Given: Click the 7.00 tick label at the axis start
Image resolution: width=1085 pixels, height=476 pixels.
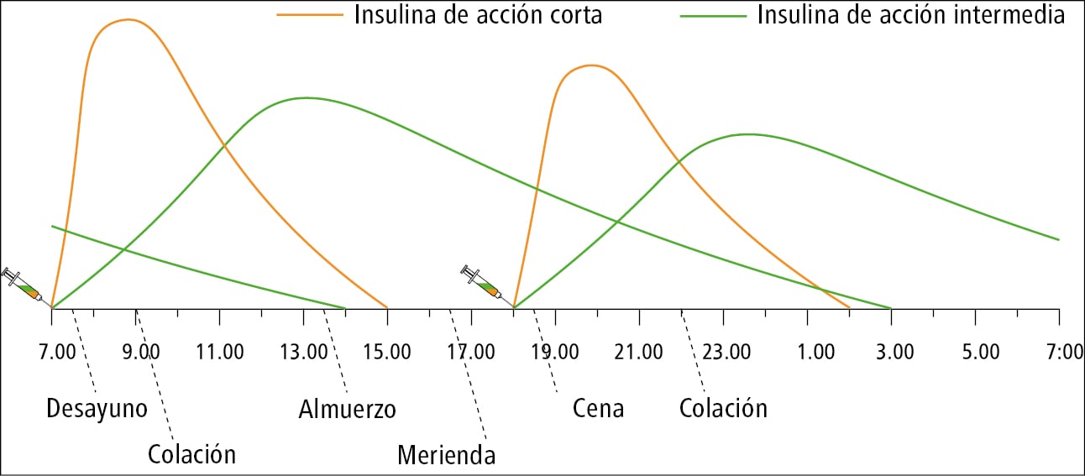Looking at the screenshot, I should coord(57,351).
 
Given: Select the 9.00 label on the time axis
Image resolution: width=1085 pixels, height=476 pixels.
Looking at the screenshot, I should coord(141,351).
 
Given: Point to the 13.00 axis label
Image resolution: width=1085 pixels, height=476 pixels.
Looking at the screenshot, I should coord(306,351).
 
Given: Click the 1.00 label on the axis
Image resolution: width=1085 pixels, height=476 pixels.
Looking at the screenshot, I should coord(814,351).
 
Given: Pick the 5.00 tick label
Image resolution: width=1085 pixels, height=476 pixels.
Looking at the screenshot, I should coord(980,351).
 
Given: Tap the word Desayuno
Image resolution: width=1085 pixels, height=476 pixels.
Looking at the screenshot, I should coord(97,409).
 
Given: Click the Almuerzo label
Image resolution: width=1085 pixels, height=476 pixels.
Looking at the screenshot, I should coord(346,409).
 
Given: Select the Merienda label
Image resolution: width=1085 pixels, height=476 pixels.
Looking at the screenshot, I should coord(446,455).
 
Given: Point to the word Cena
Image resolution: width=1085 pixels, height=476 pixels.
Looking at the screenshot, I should coord(598,409).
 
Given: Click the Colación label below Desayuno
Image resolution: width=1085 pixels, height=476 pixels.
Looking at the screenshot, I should coord(191,454).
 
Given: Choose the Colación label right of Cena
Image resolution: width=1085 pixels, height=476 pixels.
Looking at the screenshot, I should coord(723,409).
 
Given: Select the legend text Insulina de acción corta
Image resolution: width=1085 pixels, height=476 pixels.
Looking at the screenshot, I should coord(478,15).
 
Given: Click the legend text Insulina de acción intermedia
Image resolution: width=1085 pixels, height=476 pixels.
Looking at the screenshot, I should coord(911,15).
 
